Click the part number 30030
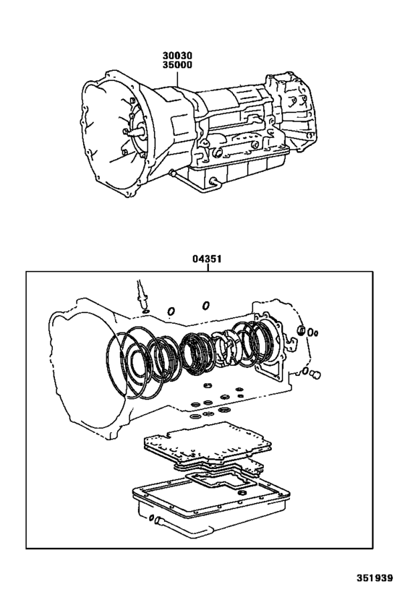tap(177, 56)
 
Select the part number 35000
tap(177, 65)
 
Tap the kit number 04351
tap(207, 259)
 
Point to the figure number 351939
tap(375, 578)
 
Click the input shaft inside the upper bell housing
tap(137, 132)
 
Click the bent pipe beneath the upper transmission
tap(192, 182)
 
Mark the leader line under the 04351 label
tap(207, 267)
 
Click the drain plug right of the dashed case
tap(315, 375)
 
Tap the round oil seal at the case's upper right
tap(302, 330)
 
